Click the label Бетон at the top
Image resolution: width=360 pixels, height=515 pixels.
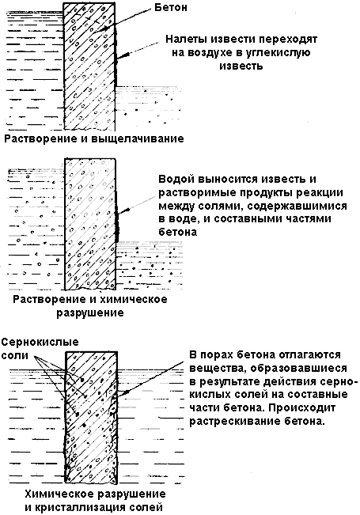tap(171, 7)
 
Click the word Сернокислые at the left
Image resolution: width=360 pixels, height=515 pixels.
tap(40, 343)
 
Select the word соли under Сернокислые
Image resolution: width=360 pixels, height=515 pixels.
tap(15, 356)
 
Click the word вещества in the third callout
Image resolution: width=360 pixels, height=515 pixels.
tap(214, 369)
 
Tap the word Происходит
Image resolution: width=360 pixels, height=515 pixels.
tap(301, 408)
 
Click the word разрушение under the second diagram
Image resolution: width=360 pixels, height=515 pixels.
tap(90, 312)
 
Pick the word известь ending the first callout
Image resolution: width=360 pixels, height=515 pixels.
tap(241, 66)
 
